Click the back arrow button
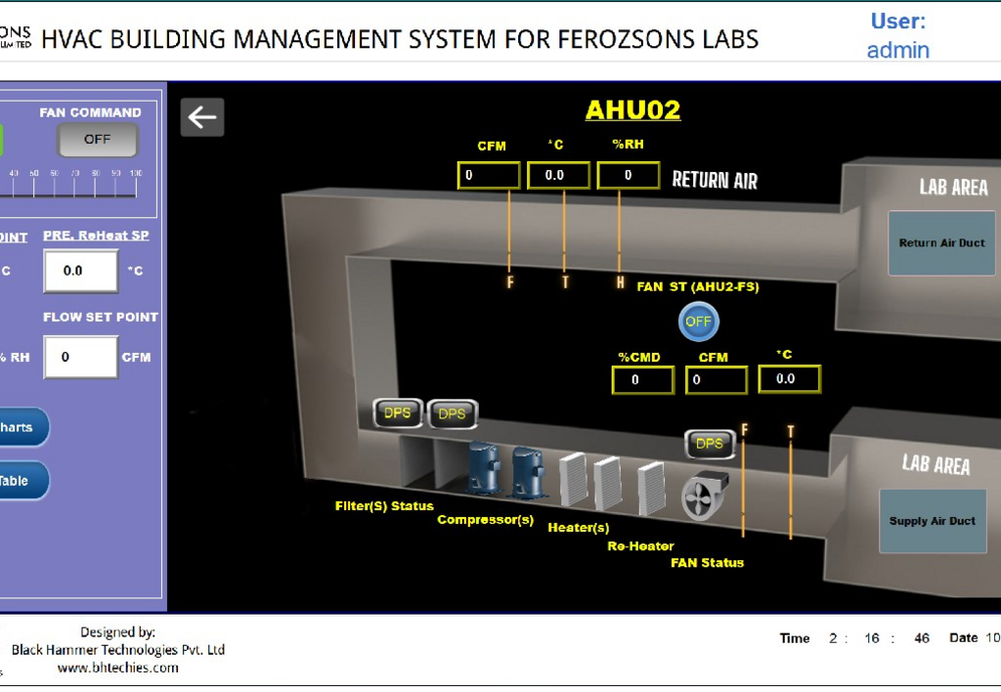tap(202, 117)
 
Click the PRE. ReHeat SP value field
tap(80, 271)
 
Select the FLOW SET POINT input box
tap(80, 357)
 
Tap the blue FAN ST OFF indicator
tap(698, 322)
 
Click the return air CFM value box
tap(489, 175)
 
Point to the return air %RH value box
tap(629, 175)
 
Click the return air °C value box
tap(558, 175)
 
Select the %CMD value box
tap(642, 379)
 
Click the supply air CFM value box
tap(716, 379)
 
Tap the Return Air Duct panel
tap(941, 242)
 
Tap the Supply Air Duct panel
tap(932, 521)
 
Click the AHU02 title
tap(632, 110)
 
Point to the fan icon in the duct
tap(700, 497)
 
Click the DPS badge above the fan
tap(709, 444)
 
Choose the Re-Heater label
tap(640, 546)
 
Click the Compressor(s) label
tap(485, 520)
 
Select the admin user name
tap(897, 50)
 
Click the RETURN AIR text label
tap(715, 180)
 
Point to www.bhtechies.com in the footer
tap(117, 668)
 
